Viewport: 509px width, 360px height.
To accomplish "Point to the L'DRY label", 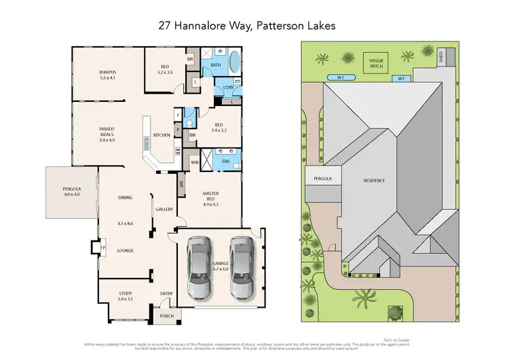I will (x=227, y=88).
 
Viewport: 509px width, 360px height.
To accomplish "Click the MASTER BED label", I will (x=210, y=198).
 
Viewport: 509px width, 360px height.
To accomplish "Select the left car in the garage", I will (x=200, y=266).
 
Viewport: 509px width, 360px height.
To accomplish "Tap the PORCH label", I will (x=166, y=316).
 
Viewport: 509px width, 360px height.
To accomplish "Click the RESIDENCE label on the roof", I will (x=374, y=180).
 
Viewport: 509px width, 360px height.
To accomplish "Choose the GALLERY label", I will (x=164, y=209).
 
